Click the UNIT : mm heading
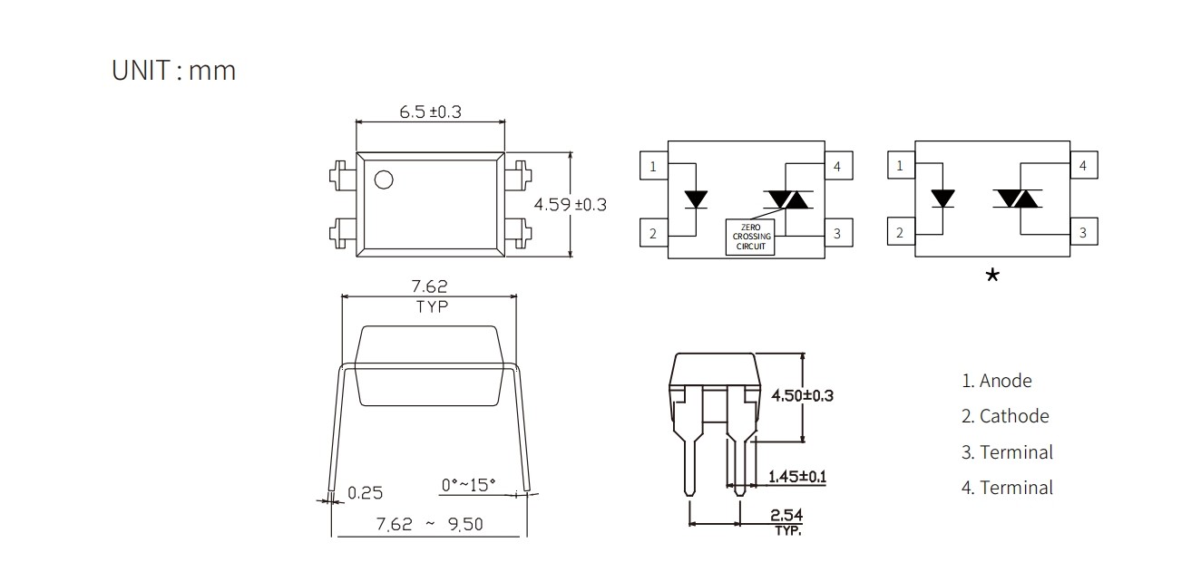pos(174,71)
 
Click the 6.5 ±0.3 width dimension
pos(430,111)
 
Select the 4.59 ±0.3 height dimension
pos(571,205)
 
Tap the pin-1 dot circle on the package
pos(384,179)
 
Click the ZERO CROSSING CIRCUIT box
pos(751,237)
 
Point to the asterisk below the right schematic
pos(992,276)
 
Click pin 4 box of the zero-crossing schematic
pos(838,166)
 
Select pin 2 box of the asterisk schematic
pos(902,231)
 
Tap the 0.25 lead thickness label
pos(366,493)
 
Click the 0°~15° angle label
pos(468,485)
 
